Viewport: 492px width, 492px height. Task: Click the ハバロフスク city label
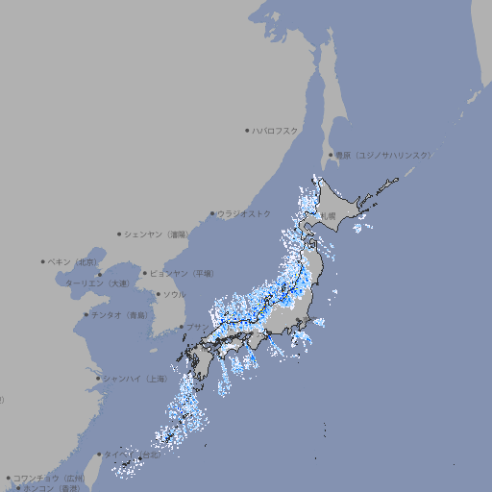click(x=276, y=130)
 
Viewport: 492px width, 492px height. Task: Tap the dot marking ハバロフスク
click(x=247, y=130)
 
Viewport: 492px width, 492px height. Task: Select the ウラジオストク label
click(x=245, y=213)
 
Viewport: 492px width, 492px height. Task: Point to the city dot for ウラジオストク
click(x=212, y=213)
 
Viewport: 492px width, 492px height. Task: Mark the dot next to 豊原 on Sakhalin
click(x=331, y=155)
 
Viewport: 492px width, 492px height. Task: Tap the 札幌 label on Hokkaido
click(x=329, y=215)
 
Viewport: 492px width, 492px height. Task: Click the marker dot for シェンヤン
click(x=120, y=234)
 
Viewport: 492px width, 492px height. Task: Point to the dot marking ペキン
click(x=43, y=261)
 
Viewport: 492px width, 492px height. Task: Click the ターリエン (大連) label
click(x=97, y=283)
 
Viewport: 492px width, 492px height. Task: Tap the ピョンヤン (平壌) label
click(x=183, y=273)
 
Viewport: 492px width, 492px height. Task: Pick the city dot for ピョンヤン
click(x=146, y=273)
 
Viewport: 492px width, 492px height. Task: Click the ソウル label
click(x=174, y=294)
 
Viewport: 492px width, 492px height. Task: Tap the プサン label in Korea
click(x=196, y=327)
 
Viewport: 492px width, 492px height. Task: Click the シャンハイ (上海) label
click(x=135, y=379)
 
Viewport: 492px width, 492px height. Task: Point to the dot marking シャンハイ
click(x=98, y=379)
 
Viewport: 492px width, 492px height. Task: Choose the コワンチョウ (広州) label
click(x=49, y=478)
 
